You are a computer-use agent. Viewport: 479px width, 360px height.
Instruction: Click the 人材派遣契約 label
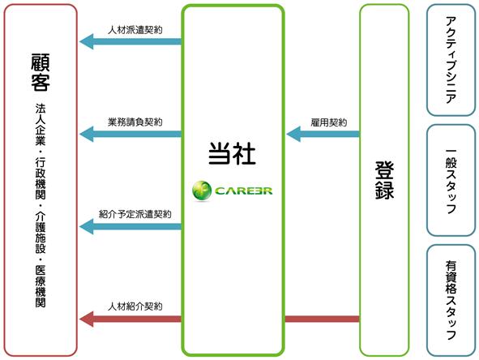click(135, 30)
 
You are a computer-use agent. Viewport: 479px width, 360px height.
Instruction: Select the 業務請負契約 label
click(135, 122)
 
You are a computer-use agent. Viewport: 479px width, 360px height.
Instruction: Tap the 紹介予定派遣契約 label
click(135, 214)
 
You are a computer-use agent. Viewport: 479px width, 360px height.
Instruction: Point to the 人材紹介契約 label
click(135, 306)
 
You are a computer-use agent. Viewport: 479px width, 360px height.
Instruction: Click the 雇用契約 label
click(329, 122)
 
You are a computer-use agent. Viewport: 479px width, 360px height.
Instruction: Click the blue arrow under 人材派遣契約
click(130, 41)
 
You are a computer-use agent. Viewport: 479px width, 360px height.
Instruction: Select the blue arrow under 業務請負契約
click(130, 134)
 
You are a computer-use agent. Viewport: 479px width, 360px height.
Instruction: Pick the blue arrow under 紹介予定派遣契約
click(130, 226)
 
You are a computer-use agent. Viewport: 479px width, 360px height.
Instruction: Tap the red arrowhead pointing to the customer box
click(86, 319)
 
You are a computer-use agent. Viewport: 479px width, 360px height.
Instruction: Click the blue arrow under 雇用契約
click(323, 134)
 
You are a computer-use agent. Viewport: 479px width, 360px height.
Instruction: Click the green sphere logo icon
click(202, 191)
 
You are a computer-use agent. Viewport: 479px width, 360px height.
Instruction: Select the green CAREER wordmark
click(243, 191)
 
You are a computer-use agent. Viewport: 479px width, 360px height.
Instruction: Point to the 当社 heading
click(232, 154)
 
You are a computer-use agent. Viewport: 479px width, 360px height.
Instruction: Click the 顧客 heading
click(41, 72)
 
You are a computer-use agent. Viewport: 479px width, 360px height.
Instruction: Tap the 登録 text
click(384, 180)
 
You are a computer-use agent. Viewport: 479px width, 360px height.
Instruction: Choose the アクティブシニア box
click(451, 60)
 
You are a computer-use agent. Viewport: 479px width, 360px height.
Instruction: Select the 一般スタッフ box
click(451, 180)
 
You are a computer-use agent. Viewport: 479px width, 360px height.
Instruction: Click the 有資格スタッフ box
click(451, 301)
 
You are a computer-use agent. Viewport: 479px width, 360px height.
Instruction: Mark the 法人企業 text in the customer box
click(41, 124)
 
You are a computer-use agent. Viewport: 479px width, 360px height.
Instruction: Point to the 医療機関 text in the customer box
click(41, 286)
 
